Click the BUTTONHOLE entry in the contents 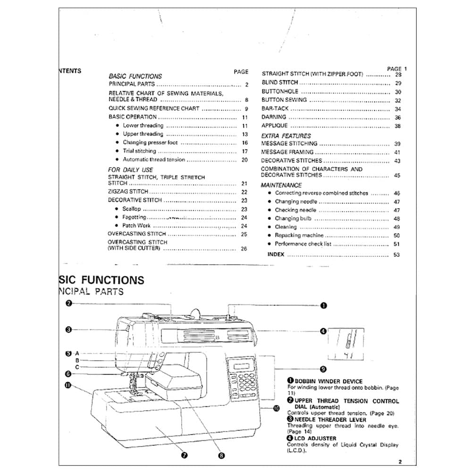pos(280,92)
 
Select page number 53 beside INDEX pos(396,255)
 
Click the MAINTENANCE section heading pos(281,185)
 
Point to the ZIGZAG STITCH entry pos(128,192)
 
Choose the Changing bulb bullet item pos(293,219)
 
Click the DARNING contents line pos(274,117)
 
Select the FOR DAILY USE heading pos(130,170)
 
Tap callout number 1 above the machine pos(324,305)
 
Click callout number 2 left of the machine pos(68,303)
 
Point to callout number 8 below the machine pos(221,455)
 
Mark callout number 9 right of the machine pos(323,369)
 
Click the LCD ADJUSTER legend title pos(315,438)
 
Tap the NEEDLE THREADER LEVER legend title pos(327,419)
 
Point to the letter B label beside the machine pos(77,360)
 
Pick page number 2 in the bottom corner pos(399,462)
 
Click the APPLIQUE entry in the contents pos(274,126)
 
